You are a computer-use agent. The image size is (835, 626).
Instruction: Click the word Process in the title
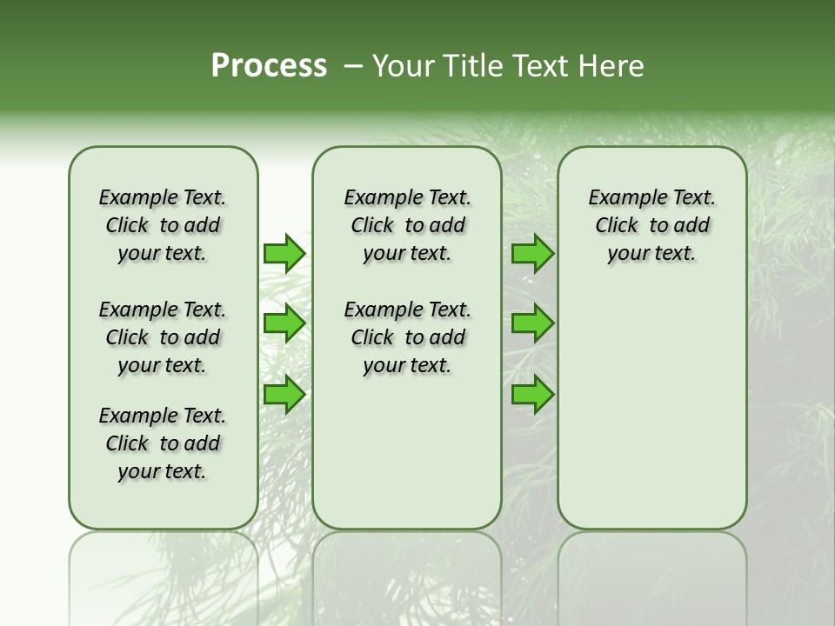(269, 66)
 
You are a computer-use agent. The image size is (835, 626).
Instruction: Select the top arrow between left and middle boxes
(284, 253)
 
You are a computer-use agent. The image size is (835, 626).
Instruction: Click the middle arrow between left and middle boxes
(284, 323)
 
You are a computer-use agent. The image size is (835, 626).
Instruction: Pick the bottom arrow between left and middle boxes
(284, 395)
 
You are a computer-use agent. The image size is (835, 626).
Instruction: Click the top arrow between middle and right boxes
(532, 253)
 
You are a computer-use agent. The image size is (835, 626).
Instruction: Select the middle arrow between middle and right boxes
(532, 323)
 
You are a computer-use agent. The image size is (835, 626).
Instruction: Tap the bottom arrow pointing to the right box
(532, 395)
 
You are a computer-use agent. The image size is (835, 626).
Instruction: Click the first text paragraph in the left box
(163, 225)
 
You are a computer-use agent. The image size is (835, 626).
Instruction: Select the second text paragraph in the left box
(163, 337)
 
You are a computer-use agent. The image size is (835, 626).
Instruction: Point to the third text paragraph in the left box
(163, 443)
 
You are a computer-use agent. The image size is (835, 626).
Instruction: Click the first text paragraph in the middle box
(407, 225)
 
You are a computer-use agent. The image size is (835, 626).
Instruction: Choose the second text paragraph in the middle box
(407, 337)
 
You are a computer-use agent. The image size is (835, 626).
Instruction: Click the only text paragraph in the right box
(652, 225)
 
